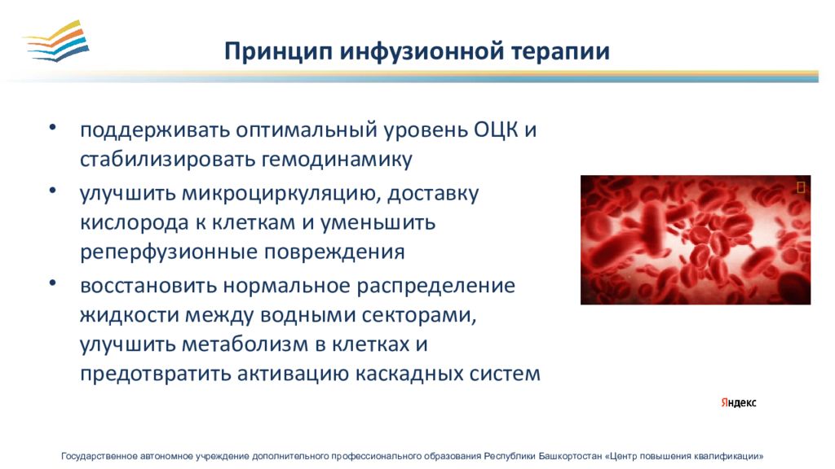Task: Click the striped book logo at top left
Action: pyautogui.click(x=56, y=42)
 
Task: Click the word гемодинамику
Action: pyautogui.click(x=337, y=160)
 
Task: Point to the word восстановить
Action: pyautogui.click(x=148, y=286)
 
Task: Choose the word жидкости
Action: pyautogui.click(x=129, y=315)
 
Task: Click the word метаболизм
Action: pyautogui.click(x=245, y=344)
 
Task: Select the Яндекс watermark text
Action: pyautogui.click(x=739, y=402)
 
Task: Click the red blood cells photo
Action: pyautogui.click(x=696, y=240)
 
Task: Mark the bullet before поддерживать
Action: pyautogui.click(x=52, y=127)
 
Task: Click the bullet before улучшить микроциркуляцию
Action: pyautogui.click(x=52, y=190)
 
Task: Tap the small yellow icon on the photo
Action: pyautogui.click(x=801, y=187)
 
